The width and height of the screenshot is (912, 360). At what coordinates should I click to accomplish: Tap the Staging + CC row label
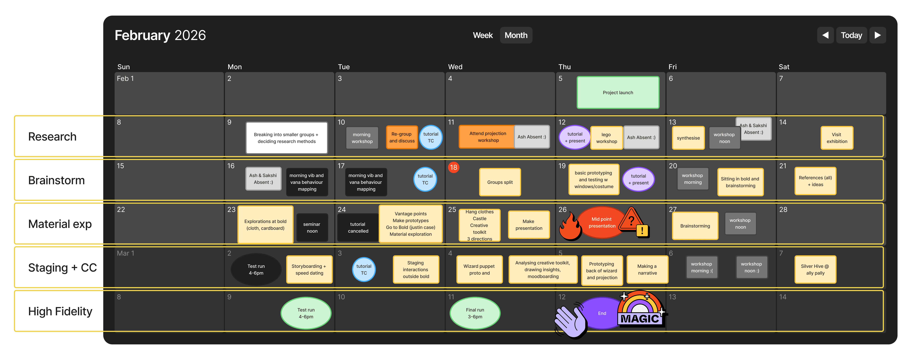click(62, 268)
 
